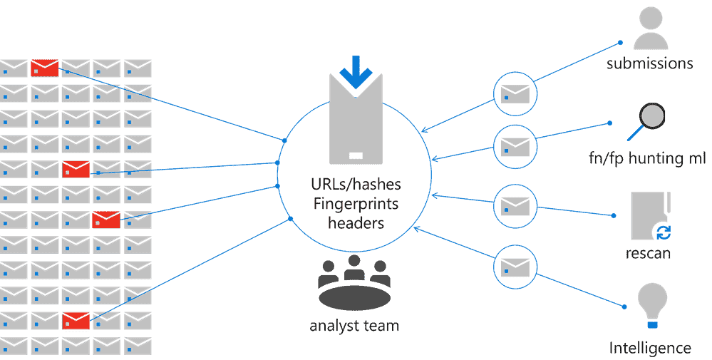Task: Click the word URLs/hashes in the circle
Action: (x=356, y=185)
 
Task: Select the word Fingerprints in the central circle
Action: (x=356, y=203)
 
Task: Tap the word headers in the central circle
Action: (x=356, y=222)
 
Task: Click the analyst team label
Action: (x=354, y=326)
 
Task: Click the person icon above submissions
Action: (x=649, y=28)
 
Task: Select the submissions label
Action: (x=649, y=63)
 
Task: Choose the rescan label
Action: (x=649, y=254)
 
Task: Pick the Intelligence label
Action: (x=650, y=348)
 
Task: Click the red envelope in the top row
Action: (x=45, y=68)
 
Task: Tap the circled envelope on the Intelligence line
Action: (x=515, y=267)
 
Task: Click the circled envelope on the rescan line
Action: (x=515, y=205)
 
